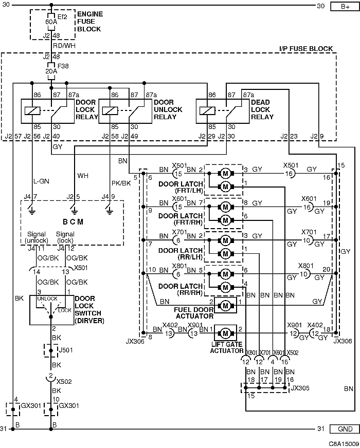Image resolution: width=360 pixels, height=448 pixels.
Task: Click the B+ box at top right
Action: click(x=345, y=6)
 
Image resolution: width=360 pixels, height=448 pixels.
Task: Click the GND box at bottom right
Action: click(x=345, y=429)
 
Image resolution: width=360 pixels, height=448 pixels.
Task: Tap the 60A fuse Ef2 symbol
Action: click(x=51, y=22)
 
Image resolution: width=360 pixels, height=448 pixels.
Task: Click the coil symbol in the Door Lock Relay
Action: click(x=32, y=110)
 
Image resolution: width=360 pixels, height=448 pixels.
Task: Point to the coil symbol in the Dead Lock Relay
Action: click(x=207, y=110)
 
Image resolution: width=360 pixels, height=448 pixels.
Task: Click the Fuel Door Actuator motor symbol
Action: click(x=225, y=305)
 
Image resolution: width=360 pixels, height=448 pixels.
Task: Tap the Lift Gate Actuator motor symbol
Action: click(x=225, y=333)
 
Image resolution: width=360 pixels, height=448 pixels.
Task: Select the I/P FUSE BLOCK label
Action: click(x=306, y=49)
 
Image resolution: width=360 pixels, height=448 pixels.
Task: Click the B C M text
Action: click(x=73, y=222)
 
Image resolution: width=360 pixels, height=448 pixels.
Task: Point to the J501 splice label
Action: click(x=65, y=350)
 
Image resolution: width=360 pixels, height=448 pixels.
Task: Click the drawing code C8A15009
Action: click(x=344, y=444)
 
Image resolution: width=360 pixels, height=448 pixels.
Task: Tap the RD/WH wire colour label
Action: click(x=64, y=46)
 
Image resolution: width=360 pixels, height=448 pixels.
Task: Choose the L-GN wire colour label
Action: click(x=42, y=181)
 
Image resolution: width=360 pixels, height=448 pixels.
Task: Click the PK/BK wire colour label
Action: click(x=121, y=183)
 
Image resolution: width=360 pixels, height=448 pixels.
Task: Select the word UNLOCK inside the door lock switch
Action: click(x=47, y=298)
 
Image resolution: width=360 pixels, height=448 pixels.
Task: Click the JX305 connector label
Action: click(x=300, y=388)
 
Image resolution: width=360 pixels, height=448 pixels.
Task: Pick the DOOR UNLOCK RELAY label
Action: click(x=168, y=109)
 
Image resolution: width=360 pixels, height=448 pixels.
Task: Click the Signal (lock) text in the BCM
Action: click(x=65, y=237)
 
